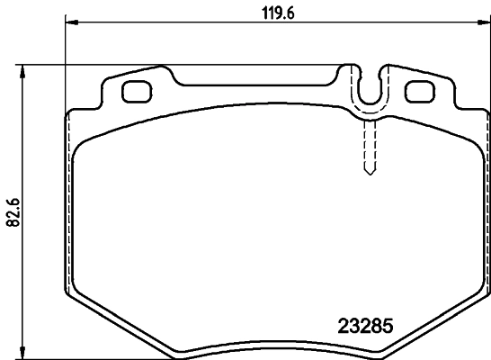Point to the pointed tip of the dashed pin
click(x=367, y=174)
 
